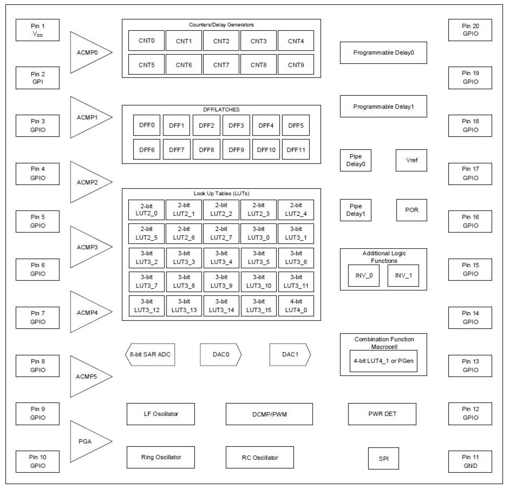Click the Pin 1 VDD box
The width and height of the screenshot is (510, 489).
[37, 30]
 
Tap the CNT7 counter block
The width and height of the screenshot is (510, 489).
[221, 65]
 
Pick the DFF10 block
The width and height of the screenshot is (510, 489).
[266, 150]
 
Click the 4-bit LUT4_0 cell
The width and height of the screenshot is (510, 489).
[296, 306]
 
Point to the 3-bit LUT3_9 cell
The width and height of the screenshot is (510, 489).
[221, 281]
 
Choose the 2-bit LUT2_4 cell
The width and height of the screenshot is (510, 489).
[296, 209]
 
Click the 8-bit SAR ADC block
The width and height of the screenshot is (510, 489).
[150, 354]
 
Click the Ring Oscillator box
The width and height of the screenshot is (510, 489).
[161, 457]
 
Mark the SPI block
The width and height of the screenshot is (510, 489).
[383, 459]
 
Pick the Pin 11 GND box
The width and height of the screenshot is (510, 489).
[470, 461]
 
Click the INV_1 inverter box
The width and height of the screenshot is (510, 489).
[403, 276]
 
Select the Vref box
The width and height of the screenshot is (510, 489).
[411, 160]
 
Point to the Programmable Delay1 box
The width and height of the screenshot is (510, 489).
[383, 106]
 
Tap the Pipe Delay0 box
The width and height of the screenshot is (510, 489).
[355, 160]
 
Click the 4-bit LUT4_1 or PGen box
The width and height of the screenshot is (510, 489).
[383, 361]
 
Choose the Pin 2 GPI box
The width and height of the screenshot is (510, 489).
[37, 78]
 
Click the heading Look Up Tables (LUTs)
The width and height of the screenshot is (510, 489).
[221, 194]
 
